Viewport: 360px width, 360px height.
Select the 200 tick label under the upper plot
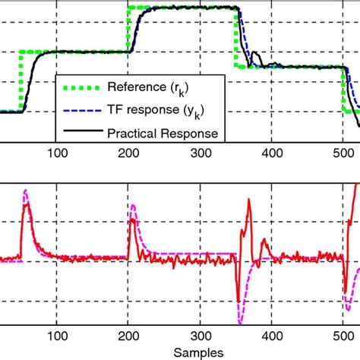(x=129, y=151)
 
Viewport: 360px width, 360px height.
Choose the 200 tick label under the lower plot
(x=129, y=332)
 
